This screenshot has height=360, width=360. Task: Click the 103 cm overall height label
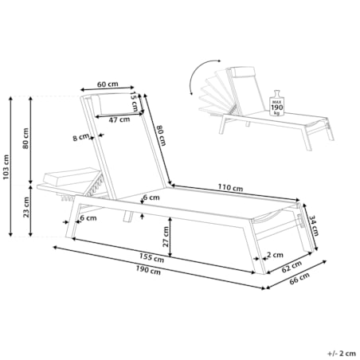6,167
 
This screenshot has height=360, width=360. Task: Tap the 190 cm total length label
148,270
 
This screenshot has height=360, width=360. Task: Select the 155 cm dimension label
152,257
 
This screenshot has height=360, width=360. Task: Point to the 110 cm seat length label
230,188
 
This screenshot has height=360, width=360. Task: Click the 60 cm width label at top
108,84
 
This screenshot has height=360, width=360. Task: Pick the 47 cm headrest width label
119,119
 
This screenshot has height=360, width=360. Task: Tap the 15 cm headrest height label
135,102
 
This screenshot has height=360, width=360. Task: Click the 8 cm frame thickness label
80,138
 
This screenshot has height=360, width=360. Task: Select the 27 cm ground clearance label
166,237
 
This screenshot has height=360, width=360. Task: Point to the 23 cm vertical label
25,207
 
